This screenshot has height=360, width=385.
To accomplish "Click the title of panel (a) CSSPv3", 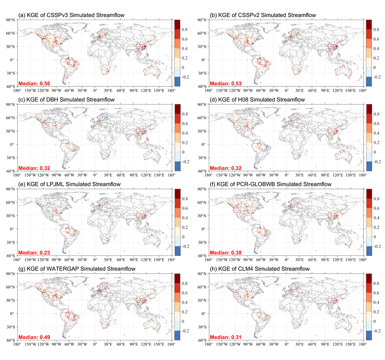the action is [x=72, y=15].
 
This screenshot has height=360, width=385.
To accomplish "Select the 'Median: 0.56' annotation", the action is [x=34, y=84].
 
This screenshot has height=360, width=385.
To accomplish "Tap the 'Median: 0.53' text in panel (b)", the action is [x=226, y=84].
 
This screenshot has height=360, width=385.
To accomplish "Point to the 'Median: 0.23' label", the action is [x=34, y=253].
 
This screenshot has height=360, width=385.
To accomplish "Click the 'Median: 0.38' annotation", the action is [x=226, y=253].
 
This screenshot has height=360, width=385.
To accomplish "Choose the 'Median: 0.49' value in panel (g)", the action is [x=34, y=337].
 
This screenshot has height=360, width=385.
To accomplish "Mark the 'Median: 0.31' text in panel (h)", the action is [x=226, y=337].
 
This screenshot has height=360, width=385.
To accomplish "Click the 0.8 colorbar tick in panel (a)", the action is [x=184, y=29].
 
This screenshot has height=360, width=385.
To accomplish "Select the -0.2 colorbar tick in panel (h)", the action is [x=377, y=331].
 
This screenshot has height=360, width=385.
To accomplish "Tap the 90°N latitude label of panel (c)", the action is [x=11, y=105].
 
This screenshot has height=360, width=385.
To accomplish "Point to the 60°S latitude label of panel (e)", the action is [x=11, y=255].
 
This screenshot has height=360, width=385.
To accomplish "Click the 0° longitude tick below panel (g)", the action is [x=95, y=344].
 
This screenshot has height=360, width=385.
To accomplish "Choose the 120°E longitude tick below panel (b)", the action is [x=338, y=90].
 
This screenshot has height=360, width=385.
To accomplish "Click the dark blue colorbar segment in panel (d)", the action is [x=369, y=166].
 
